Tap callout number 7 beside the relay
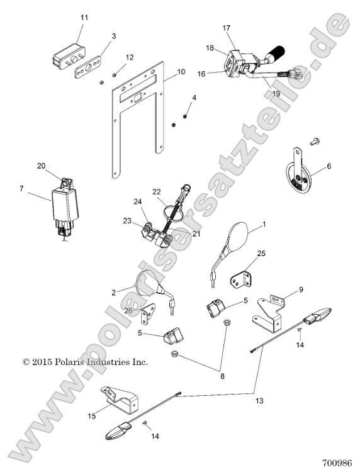coord(21,188)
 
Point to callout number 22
coord(157,191)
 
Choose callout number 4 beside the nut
coord(194,98)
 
